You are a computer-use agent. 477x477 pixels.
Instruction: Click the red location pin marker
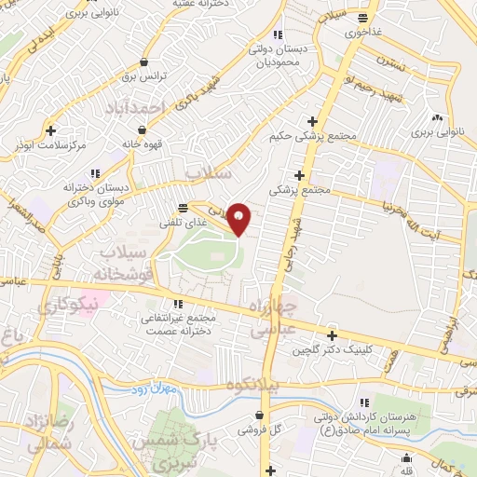[239, 218]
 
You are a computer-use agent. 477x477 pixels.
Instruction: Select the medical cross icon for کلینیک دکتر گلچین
[333, 335]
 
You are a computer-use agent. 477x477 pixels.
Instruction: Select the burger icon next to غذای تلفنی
[183, 207]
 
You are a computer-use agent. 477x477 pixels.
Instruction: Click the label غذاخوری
[363, 31]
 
